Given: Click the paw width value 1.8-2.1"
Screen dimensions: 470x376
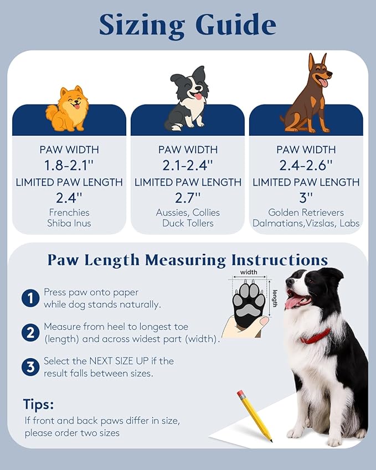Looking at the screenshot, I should pyautogui.click(x=69, y=164).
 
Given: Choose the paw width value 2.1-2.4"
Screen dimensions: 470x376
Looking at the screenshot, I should pyautogui.click(x=188, y=164).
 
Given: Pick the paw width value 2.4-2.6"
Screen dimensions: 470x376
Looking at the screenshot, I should pyautogui.click(x=306, y=164).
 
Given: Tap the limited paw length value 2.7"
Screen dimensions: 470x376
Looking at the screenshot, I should pyautogui.click(x=188, y=197).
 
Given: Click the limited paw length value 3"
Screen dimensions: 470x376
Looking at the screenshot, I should pyautogui.click(x=306, y=197).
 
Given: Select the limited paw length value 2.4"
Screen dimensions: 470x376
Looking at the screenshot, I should pyautogui.click(x=69, y=197).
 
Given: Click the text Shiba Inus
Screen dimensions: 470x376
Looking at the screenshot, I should pyautogui.click(x=69, y=223).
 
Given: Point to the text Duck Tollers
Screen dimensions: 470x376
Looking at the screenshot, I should pyautogui.click(x=188, y=223).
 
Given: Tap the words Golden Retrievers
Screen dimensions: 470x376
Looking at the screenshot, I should pyautogui.click(x=306, y=213).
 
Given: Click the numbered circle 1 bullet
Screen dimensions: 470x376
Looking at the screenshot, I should pyautogui.click(x=30, y=298).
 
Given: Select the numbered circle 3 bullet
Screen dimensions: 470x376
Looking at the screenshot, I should pyautogui.click(x=30, y=367).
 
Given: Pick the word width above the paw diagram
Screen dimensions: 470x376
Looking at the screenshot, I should pyautogui.click(x=249, y=272).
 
